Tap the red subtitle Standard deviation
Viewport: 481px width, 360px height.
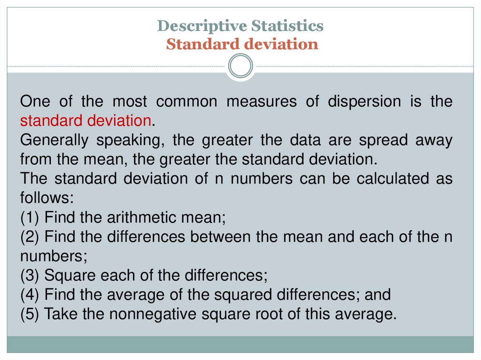click(242, 45)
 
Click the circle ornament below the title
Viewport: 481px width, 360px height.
click(240, 66)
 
